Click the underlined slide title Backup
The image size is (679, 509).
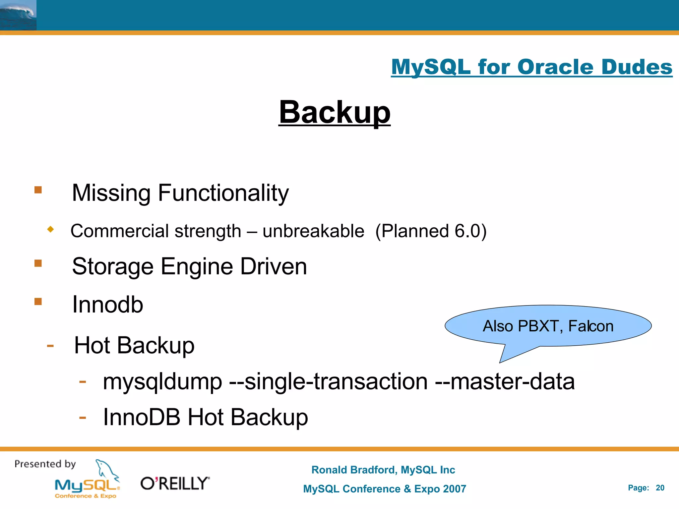click(334, 113)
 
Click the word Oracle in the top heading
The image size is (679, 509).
click(555, 67)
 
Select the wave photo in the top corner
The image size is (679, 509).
click(18, 15)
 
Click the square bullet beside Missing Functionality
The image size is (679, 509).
click(38, 190)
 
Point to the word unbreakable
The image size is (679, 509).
click(313, 231)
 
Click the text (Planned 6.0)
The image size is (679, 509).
click(431, 231)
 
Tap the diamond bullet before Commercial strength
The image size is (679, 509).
click(50, 229)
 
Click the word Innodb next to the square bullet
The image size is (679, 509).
click(107, 305)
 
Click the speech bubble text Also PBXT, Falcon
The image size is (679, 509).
click(548, 326)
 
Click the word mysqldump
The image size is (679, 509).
click(162, 382)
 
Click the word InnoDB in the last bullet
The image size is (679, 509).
click(142, 417)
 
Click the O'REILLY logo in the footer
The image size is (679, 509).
click(175, 483)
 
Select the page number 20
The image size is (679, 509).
click(660, 488)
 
